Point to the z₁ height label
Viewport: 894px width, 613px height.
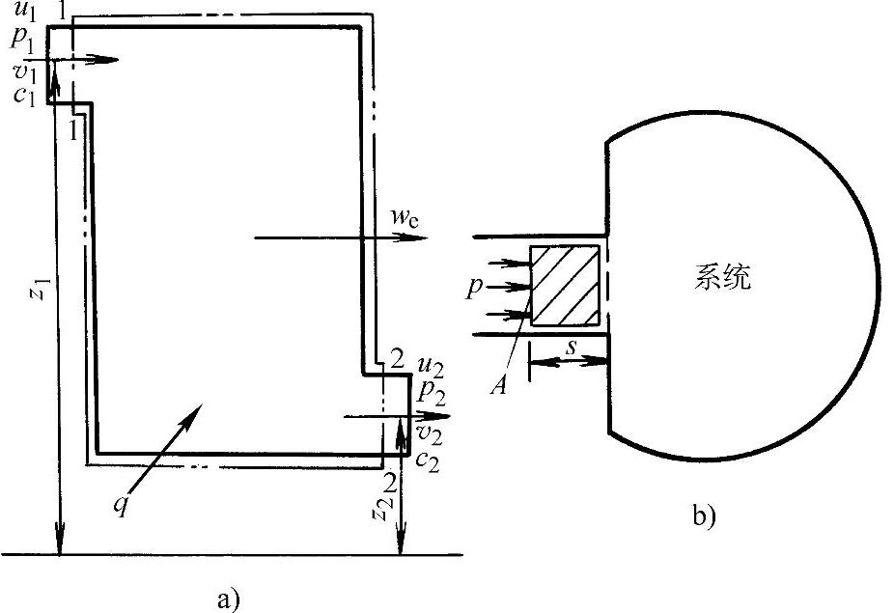click(x=36, y=291)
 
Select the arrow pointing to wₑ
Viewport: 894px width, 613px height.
click(x=338, y=237)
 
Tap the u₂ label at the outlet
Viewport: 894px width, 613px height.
click(x=430, y=366)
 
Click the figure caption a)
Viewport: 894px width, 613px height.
click(x=228, y=599)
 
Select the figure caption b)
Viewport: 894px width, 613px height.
click(x=704, y=517)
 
